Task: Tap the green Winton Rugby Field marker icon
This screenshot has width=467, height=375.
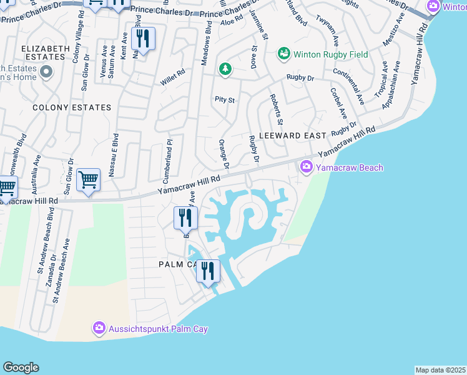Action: (x=284, y=54)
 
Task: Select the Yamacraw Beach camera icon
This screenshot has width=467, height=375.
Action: (x=307, y=167)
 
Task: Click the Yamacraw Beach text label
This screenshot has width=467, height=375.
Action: (x=349, y=167)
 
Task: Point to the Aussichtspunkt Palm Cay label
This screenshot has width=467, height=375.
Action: (x=159, y=329)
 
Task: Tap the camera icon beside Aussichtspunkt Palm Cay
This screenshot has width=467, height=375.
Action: (x=99, y=328)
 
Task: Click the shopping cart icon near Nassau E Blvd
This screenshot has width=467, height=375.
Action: (x=88, y=180)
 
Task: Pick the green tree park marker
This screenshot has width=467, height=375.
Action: (x=225, y=69)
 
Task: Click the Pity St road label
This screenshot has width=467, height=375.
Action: (x=224, y=99)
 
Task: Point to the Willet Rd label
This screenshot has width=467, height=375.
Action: (x=173, y=73)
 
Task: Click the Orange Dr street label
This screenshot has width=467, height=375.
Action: (x=224, y=154)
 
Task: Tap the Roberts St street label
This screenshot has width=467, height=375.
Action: (x=276, y=109)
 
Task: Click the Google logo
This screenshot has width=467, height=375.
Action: (x=21, y=367)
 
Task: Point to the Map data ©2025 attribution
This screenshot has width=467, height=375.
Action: (x=440, y=370)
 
